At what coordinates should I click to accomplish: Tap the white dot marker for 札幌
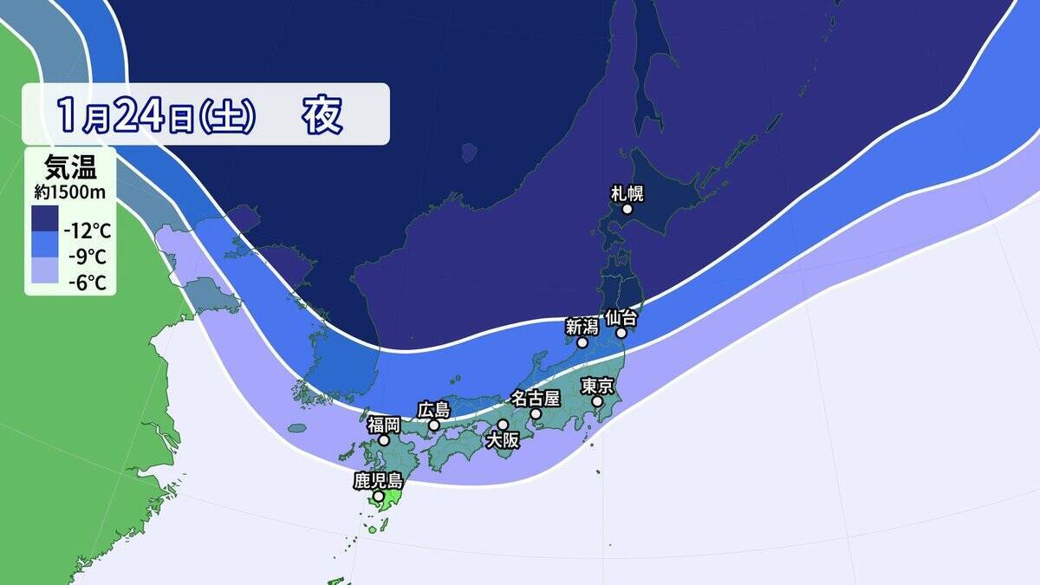tap(627, 209)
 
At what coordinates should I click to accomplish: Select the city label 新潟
tap(582, 326)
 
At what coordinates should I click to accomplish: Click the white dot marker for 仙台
tap(621, 332)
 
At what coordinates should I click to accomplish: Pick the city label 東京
tap(598, 386)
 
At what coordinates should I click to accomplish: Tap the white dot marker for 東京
tap(597, 402)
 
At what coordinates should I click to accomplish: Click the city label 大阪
tap(503, 440)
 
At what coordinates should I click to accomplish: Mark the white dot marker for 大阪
tap(503, 425)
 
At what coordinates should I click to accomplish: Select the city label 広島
tap(434, 408)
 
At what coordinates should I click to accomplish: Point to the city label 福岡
tap(384, 424)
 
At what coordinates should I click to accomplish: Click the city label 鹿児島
tap(379, 480)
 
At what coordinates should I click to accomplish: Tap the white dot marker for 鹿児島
tap(379, 497)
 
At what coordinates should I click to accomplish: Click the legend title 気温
tap(69, 164)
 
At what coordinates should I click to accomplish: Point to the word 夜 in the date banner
tap(322, 114)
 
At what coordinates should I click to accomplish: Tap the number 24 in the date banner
tap(139, 114)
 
